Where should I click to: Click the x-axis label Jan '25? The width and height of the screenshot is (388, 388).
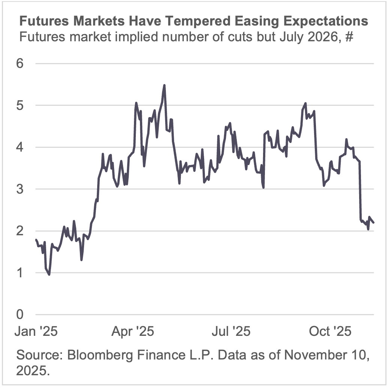click(x=36, y=332)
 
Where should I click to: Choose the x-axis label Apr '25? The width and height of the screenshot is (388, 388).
click(x=132, y=332)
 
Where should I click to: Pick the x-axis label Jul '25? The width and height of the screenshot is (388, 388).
click(x=231, y=332)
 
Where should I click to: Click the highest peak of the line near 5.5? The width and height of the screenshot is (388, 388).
click(x=164, y=85)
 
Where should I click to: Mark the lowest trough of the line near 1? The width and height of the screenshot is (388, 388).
click(x=49, y=275)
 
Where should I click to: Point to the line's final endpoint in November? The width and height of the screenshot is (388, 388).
click(x=374, y=223)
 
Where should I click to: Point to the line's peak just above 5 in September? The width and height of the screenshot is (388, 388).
click(x=305, y=103)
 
